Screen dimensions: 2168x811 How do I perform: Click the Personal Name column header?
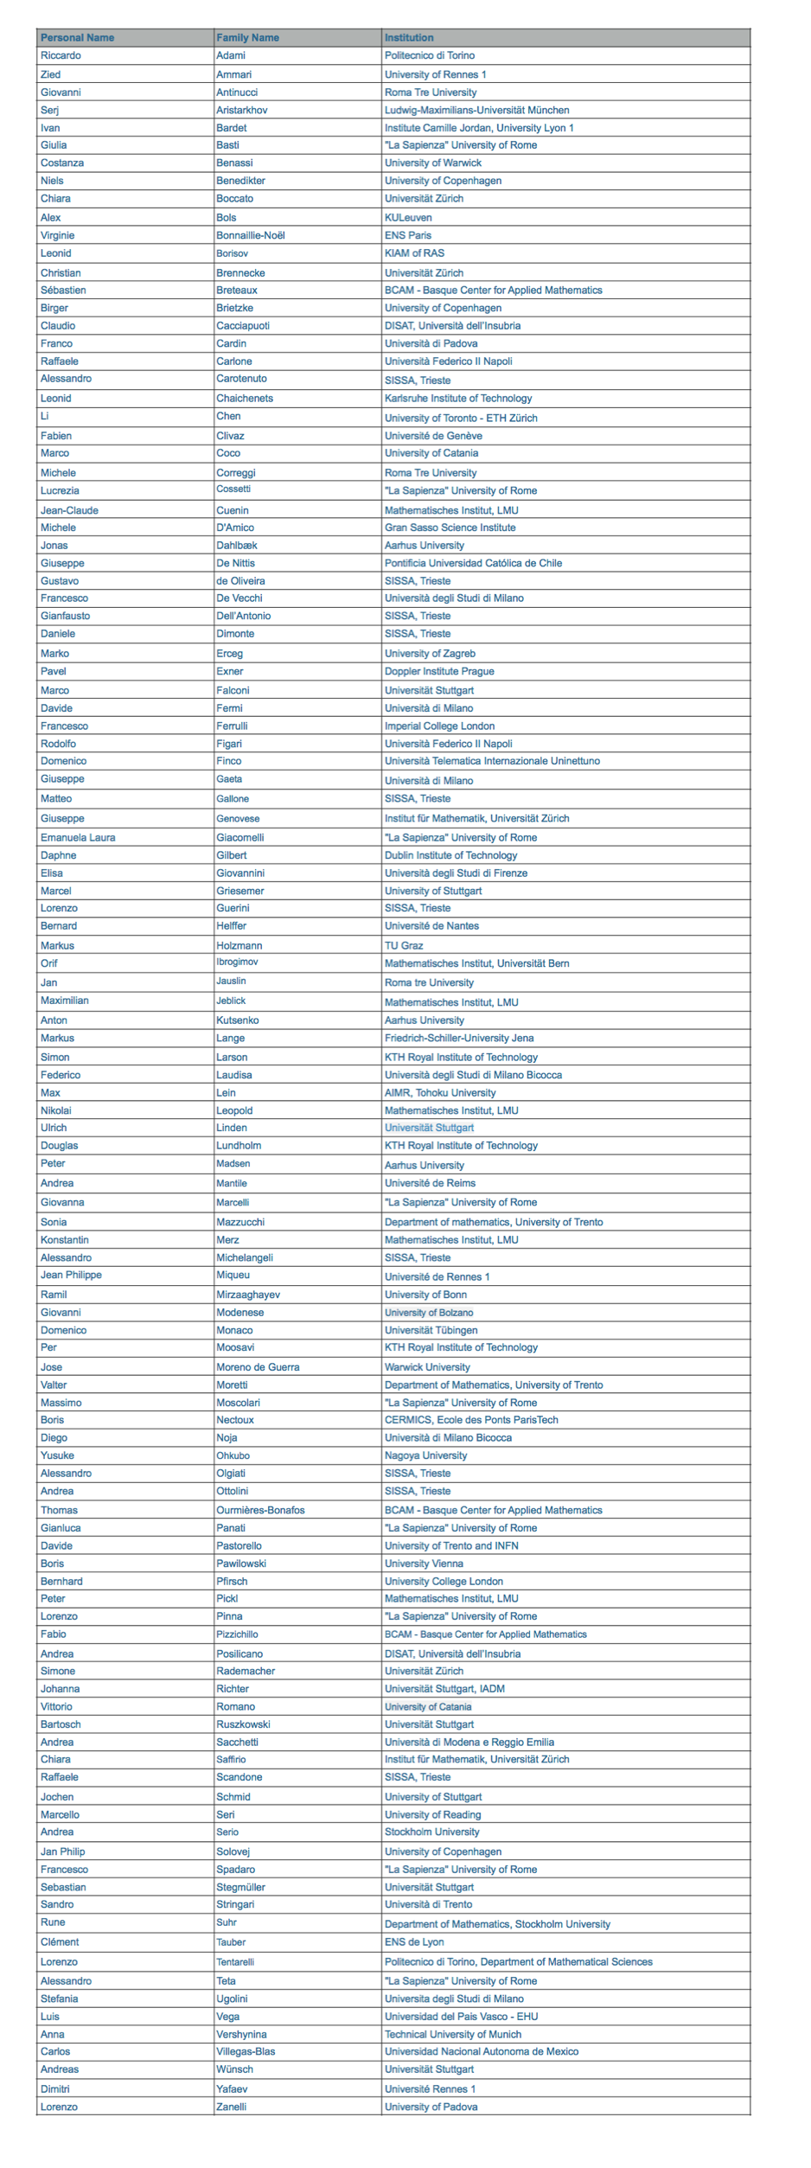(77, 37)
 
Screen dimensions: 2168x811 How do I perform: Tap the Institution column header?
(409, 37)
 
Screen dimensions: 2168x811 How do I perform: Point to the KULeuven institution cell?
(408, 217)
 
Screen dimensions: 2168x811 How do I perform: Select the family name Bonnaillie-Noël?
(251, 235)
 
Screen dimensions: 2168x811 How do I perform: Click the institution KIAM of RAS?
(414, 253)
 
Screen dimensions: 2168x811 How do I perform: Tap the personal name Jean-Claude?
(69, 510)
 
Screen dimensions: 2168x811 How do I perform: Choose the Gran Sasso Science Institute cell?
(450, 528)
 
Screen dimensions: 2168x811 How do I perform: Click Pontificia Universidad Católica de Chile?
(473, 563)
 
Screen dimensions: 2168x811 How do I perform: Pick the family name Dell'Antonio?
(243, 616)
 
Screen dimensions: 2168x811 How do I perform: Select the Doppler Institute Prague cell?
(439, 671)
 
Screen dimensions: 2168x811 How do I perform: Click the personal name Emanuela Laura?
(78, 837)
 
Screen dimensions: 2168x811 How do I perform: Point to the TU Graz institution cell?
(404, 945)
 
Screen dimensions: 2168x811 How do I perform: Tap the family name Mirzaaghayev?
(248, 1295)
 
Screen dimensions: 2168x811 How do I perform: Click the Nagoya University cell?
(425, 1455)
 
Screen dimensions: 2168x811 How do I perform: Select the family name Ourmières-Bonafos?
(260, 1510)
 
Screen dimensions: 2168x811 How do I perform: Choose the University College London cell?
(444, 1581)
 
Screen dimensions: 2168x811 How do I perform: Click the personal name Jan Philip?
(62, 1851)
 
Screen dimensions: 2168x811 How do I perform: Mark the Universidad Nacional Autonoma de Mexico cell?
(482, 2051)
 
